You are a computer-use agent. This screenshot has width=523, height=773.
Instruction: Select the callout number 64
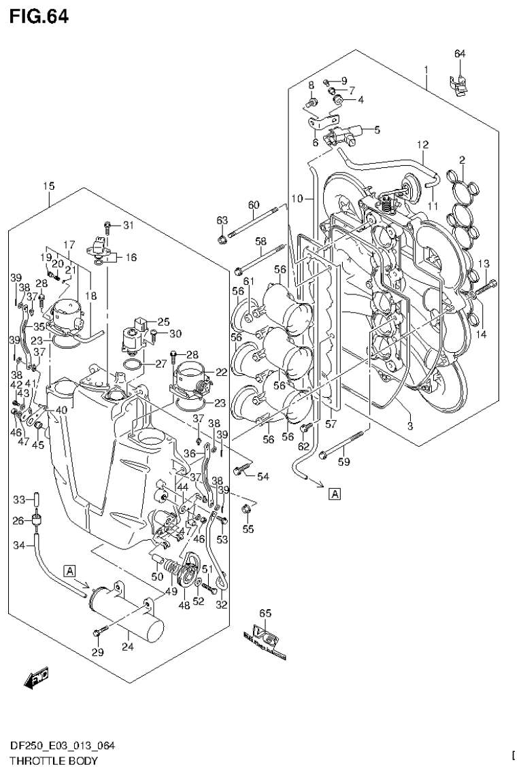pos(460,54)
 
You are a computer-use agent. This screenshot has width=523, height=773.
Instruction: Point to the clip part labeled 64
pos(460,84)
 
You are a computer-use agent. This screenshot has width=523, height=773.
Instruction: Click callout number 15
pos(48,186)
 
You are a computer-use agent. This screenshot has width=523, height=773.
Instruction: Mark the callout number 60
pos(254,205)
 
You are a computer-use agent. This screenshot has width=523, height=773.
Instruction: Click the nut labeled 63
pos(222,239)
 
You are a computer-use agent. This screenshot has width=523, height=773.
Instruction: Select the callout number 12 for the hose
pos(422,144)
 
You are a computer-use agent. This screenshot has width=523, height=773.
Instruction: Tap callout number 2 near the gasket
pos(462,160)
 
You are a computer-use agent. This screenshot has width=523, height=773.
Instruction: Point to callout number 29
pos(98,653)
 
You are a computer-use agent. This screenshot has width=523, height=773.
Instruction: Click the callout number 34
pos(19,545)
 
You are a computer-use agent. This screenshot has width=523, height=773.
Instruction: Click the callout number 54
pos(263,477)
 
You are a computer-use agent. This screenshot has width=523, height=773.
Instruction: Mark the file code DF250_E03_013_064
pos(62,746)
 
